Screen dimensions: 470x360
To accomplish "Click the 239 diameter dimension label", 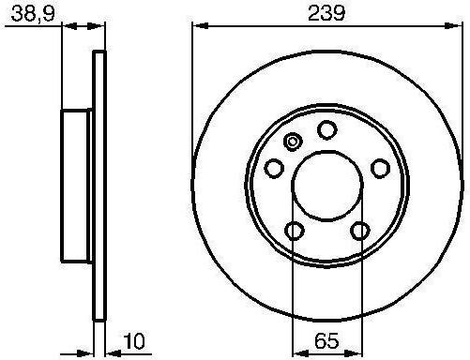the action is pos(326,13).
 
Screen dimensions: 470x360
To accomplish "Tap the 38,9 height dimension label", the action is pos(33,14).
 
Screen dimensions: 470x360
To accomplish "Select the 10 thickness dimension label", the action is pos(134,341).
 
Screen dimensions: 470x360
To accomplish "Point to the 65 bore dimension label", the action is pos(326,341).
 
